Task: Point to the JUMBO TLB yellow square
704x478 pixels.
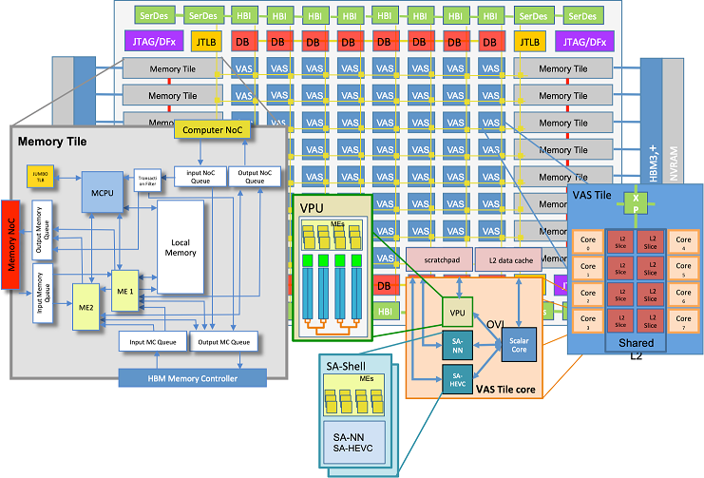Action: pos(40,177)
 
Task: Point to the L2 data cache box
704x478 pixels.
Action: pos(507,258)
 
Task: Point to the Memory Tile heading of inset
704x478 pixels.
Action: pos(51,142)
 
